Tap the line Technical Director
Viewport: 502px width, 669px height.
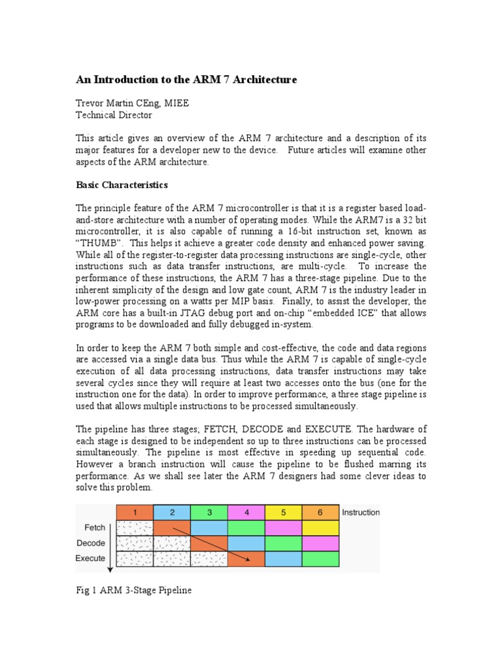click(x=114, y=115)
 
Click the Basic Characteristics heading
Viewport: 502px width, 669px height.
click(x=122, y=185)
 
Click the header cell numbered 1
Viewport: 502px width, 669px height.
click(x=134, y=513)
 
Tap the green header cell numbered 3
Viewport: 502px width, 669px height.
click(x=209, y=513)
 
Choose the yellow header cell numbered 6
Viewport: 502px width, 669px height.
click(x=321, y=513)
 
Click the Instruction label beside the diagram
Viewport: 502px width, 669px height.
click(x=361, y=512)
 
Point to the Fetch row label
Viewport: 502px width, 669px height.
click(x=95, y=527)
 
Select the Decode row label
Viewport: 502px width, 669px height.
click(x=91, y=543)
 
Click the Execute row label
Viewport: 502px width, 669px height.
click(x=90, y=558)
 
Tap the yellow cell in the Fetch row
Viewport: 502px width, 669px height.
click(x=321, y=528)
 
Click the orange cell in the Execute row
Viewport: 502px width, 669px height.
click(x=246, y=559)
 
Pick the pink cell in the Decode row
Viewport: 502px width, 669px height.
click(x=321, y=543)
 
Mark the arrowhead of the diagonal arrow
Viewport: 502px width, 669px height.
click(x=248, y=559)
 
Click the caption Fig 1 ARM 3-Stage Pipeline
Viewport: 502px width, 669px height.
click(x=134, y=591)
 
